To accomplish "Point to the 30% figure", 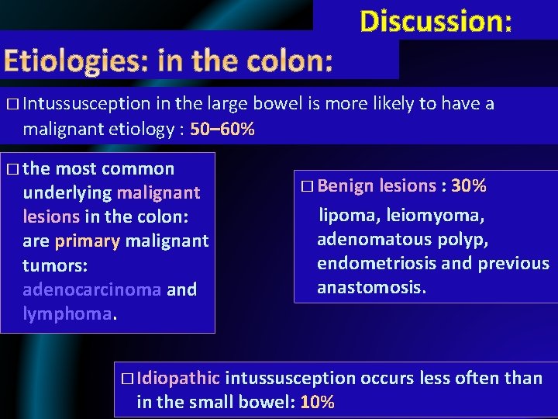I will [469, 185].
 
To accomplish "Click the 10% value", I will [317, 402].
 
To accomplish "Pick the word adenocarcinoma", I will [92, 289].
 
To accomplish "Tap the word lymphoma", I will [67, 313].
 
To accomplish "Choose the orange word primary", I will [87, 241].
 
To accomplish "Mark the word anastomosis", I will [370, 288].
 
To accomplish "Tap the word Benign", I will [344, 185].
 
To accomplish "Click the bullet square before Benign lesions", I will [306, 186].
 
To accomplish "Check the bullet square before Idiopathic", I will [127, 379].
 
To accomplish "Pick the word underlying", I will [67, 192].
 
